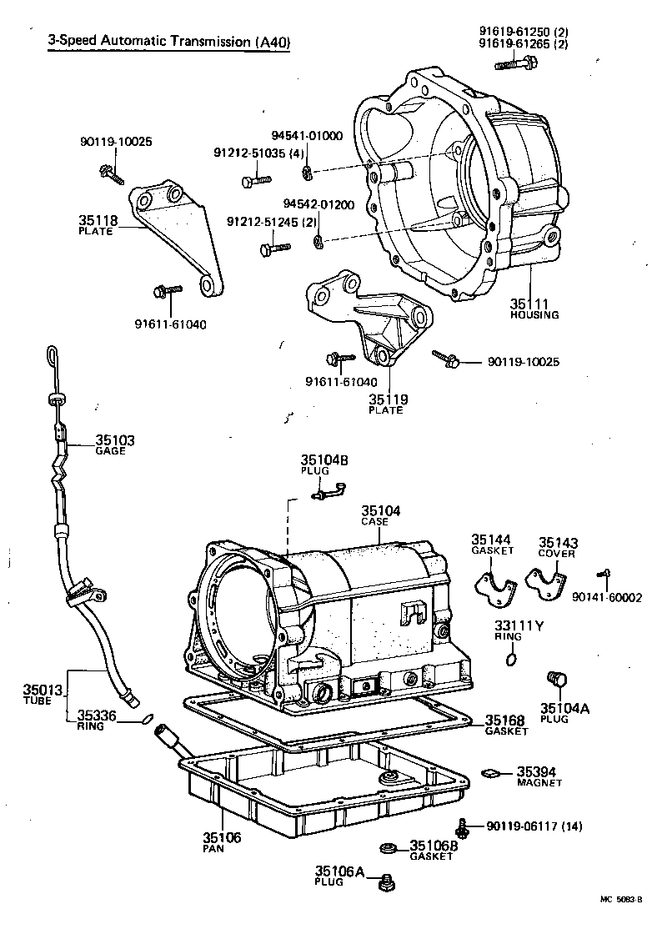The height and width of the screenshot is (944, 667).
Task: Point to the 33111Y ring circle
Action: point(509,660)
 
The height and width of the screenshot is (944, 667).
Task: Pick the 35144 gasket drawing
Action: point(494,589)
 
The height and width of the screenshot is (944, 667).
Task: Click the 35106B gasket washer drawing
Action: point(387,849)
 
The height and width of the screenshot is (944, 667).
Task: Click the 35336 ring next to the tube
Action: point(147,718)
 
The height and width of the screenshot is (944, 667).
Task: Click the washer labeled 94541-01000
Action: point(307,172)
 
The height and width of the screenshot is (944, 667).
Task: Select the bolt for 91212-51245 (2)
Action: point(274,248)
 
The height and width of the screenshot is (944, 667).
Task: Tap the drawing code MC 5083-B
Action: point(620,901)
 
